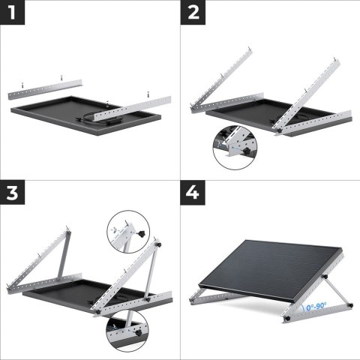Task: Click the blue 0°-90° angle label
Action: click(x=317, y=306)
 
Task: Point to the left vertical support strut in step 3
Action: click(x=62, y=253)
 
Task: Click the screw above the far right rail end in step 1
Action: click(x=148, y=92)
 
